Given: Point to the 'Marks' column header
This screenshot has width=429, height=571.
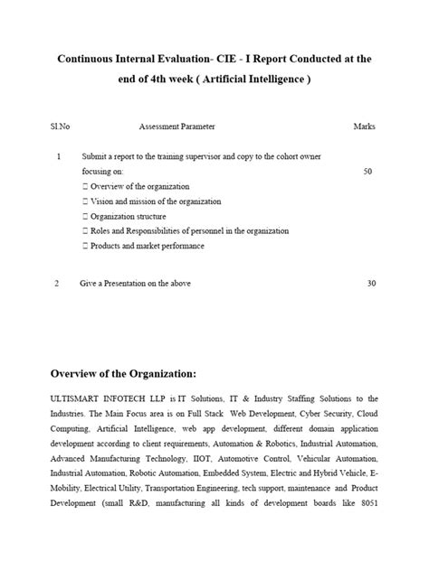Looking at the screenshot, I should (x=364, y=126).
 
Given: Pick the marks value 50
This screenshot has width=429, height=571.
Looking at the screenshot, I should (x=367, y=171).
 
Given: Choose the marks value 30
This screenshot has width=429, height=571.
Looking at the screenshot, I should (x=371, y=284).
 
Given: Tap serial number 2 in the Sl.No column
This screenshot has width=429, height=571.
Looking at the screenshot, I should (x=57, y=284).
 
